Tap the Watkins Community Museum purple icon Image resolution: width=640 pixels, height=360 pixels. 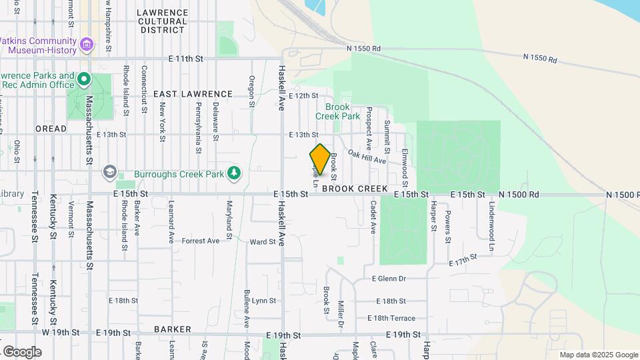(x=87, y=45)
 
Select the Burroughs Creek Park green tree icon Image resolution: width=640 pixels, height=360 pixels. (x=234, y=173)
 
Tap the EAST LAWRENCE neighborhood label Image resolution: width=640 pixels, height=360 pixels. (x=193, y=95)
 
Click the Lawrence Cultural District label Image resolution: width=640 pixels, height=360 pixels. (x=162, y=21)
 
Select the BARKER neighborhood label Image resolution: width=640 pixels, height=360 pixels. (x=172, y=329)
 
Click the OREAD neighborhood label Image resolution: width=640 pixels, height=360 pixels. (x=51, y=129)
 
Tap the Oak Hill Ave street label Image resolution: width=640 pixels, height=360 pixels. (x=367, y=159)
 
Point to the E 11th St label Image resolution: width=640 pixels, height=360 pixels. (x=185, y=59)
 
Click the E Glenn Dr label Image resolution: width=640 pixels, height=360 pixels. (x=389, y=279)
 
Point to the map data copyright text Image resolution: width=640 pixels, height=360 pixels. (x=598, y=355)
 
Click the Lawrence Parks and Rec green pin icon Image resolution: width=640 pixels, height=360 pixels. (x=84, y=80)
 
